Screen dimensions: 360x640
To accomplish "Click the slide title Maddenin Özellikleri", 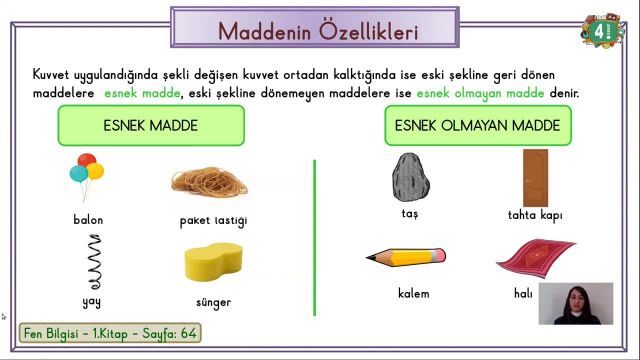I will coord(318,30).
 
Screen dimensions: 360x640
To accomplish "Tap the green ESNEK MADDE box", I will coord(151,126).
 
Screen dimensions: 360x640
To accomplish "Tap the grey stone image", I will coord(409,177).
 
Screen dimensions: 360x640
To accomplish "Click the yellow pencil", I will coord(404,256).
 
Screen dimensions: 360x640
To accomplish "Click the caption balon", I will coord(88,220).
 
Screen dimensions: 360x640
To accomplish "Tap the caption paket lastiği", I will coord(213,220).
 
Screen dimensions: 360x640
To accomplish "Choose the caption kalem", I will coord(413,294).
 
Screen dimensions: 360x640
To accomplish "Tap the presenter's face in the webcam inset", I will coord(575,299).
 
